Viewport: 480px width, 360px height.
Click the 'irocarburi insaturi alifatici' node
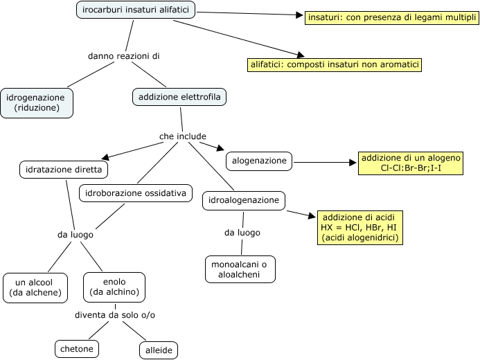135,10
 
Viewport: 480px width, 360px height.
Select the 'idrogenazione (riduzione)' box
36,103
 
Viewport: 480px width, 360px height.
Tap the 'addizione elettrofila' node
179,98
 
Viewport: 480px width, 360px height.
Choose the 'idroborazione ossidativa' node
135,194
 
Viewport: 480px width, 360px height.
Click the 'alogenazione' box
259,161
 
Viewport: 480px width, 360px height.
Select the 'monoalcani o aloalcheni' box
240,269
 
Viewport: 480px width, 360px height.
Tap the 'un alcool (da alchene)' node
35,287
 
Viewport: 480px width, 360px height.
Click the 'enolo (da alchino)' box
114,287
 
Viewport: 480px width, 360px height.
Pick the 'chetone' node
76,348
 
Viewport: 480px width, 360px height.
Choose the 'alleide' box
159,350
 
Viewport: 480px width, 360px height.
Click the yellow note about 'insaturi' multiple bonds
391,17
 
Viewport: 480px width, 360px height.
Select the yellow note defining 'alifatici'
335,64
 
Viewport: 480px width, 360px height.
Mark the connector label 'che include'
183,136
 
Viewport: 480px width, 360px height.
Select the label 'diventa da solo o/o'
115,315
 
